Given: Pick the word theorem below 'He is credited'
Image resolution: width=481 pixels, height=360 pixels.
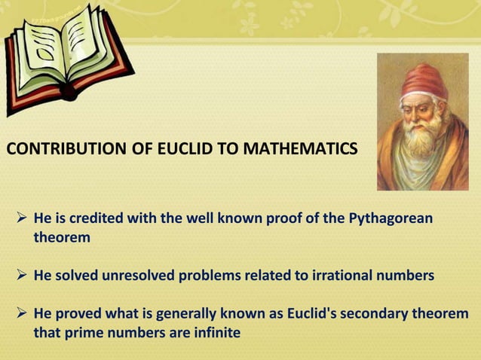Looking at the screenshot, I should click(x=61, y=238).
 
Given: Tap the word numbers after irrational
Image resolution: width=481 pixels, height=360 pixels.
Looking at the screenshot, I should click(x=407, y=276).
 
